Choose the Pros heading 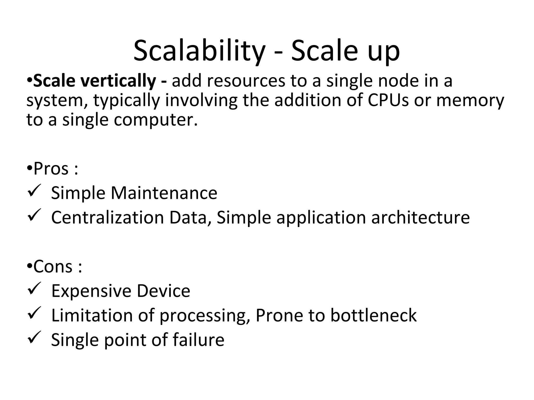[x=51, y=169]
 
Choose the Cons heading [x=53, y=267]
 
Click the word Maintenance [x=164, y=193]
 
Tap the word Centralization [x=107, y=217]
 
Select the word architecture [x=420, y=217]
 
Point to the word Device [x=163, y=291]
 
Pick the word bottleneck [x=373, y=315]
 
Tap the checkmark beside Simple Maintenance [x=34, y=191]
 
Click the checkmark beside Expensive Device [x=34, y=289]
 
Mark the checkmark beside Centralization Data [x=34, y=215]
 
